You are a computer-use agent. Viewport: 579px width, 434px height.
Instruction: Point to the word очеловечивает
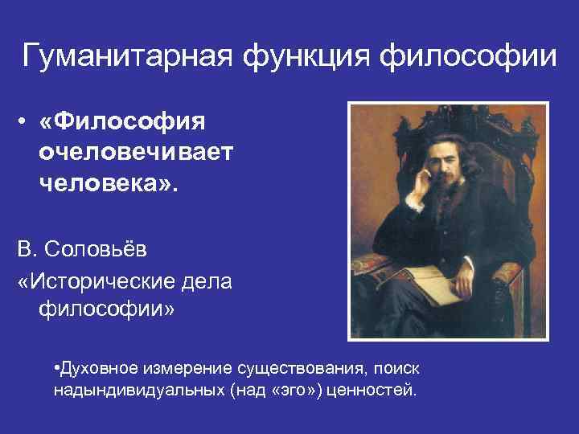coord(134,154)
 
